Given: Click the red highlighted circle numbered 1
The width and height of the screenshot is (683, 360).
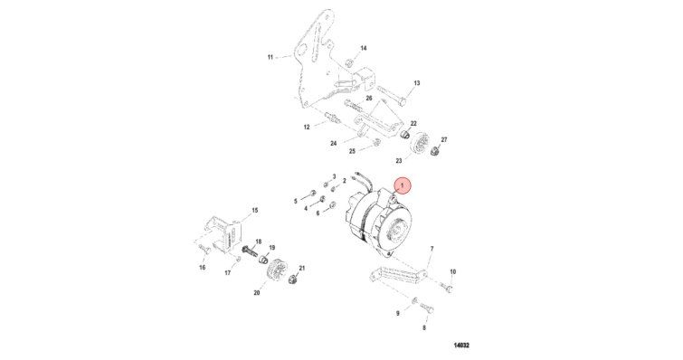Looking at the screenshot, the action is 402,186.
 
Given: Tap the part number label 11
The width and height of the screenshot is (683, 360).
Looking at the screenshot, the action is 270,57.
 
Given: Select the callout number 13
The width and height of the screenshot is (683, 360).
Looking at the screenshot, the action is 417,83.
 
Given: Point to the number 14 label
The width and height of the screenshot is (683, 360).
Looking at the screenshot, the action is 364,48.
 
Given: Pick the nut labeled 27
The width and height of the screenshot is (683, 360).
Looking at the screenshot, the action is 434,151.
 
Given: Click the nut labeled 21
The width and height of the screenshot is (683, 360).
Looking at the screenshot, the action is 293,279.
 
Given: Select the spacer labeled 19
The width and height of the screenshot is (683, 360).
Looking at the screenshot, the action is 263,260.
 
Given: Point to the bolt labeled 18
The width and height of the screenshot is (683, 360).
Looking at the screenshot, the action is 248,251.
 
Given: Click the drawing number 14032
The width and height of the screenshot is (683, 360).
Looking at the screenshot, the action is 461,346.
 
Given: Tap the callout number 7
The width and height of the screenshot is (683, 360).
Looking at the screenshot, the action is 432,249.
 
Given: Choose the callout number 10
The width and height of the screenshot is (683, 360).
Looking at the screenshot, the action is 452,272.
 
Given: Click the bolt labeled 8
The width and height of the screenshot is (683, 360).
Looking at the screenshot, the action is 427,310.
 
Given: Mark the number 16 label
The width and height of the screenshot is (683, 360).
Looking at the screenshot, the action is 202,268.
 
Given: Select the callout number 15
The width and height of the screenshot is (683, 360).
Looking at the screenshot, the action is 255,210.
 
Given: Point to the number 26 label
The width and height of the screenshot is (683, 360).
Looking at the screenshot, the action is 369,99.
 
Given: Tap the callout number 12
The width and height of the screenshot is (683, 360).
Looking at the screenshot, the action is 307,128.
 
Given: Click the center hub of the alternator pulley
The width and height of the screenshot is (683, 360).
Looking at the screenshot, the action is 396,230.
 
